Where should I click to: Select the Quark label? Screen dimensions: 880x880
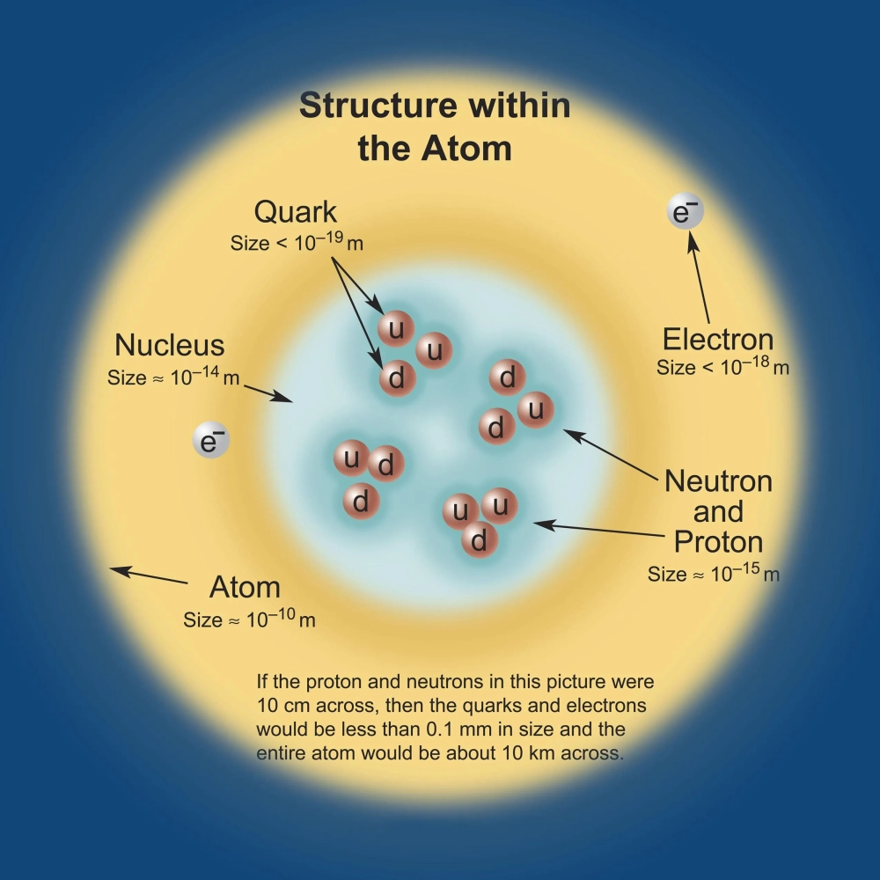pyautogui.click(x=296, y=212)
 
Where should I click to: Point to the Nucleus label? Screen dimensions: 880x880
pyautogui.click(x=170, y=344)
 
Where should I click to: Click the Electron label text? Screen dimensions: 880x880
pyautogui.click(x=718, y=340)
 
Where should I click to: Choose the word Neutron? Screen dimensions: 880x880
pyautogui.click(x=718, y=481)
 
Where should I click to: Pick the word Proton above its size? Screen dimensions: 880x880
pyautogui.click(x=718, y=541)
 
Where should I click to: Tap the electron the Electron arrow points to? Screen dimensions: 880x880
pyautogui.click(x=686, y=214)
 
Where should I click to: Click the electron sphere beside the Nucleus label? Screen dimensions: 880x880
pyautogui.click(x=210, y=441)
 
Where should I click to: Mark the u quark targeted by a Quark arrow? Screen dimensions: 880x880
pyautogui.click(x=396, y=328)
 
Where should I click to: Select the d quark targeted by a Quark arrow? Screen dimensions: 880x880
pyautogui.click(x=397, y=378)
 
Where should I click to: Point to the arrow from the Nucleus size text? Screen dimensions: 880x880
pyautogui.click(x=268, y=392)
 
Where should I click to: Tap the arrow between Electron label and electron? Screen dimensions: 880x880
pyautogui.click(x=700, y=279)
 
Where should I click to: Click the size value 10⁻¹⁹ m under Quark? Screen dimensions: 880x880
pyautogui.click(x=319, y=241)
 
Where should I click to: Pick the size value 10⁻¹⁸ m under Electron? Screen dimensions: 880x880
pyautogui.click(x=753, y=366)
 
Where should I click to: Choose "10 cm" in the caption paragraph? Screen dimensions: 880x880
pyautogui.click(x=280, y=706)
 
